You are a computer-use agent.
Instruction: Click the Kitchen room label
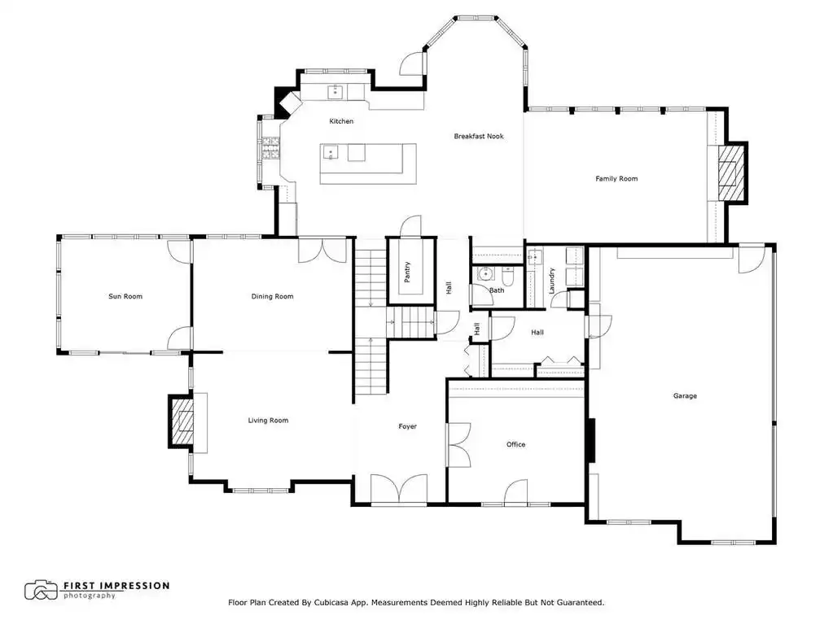(x=341, y=121)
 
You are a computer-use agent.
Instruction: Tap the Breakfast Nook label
(x=479, y=137)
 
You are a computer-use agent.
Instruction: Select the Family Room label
(x=616, y=179)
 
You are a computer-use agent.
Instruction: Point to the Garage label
(x=685, y=396)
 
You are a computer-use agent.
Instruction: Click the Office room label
(x=516, y=445)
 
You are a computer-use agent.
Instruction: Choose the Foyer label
(x=407, y=426)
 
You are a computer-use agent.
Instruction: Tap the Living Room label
(x=268, y=421)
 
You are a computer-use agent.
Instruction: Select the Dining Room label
(x=273, y=297)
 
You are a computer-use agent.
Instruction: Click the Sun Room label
(x=125, y=297)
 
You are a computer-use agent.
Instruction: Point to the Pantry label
(x=407, y=272)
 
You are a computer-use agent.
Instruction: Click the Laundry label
(x=551, y=281)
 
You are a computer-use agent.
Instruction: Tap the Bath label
(x=497, y=290)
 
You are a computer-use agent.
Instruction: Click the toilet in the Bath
(x=507, y=274)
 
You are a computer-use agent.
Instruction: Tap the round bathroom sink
(x=484, y=274)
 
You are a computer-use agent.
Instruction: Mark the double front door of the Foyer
(x=399, y=488)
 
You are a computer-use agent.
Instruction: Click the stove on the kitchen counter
(x=269, y=149)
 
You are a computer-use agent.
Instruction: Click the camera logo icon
(x=41, y=590)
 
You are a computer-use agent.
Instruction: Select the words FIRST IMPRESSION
(x=116, y=586)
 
